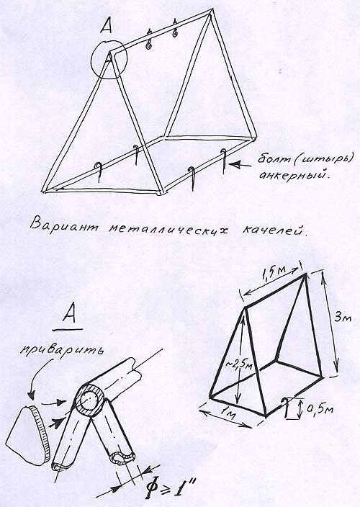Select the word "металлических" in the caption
click(168, 229)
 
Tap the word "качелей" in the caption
click(274, 230)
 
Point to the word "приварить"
click(62, 351)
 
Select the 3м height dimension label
click(343, 317)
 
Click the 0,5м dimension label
click(319, 409)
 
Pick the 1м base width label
click(229, 413)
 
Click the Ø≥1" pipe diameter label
click(171, 487)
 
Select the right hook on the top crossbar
click(176, 29)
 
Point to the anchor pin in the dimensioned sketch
click(285, 409)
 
